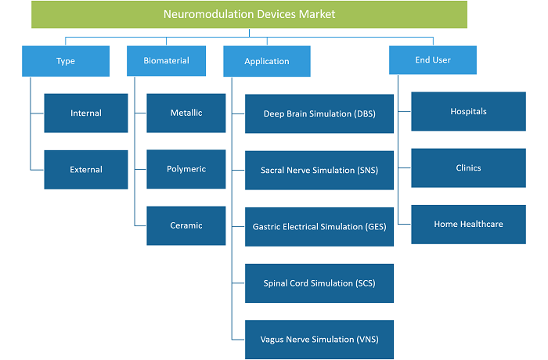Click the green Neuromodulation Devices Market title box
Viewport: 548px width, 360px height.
click(249, 14)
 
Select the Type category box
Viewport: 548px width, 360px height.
click(66, 61)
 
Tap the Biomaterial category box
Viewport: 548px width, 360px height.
click(166, 60)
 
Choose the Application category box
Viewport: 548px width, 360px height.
click(267, 61)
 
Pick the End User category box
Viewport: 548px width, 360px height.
click(433, 60)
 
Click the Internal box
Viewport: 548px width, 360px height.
click(86, 113)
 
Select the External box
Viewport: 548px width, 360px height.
click(86, 170)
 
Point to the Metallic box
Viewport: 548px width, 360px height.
click(186, 113)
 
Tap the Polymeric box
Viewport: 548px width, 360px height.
click(186, 169)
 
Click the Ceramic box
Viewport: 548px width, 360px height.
click(186, 225)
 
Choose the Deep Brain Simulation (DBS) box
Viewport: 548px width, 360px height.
click(319, 113)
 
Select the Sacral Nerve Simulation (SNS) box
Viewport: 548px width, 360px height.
click(319, 170)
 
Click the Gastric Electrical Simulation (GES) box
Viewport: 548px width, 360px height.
click(319, 227)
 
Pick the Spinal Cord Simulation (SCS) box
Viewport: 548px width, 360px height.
click(319, 283)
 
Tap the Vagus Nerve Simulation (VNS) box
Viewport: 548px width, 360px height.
click(319, 340)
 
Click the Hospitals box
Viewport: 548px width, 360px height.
click(468, 111)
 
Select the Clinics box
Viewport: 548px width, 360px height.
click(468, 167)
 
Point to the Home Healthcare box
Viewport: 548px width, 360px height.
click(468, 225)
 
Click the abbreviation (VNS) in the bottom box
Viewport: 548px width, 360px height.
click(367, 340)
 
